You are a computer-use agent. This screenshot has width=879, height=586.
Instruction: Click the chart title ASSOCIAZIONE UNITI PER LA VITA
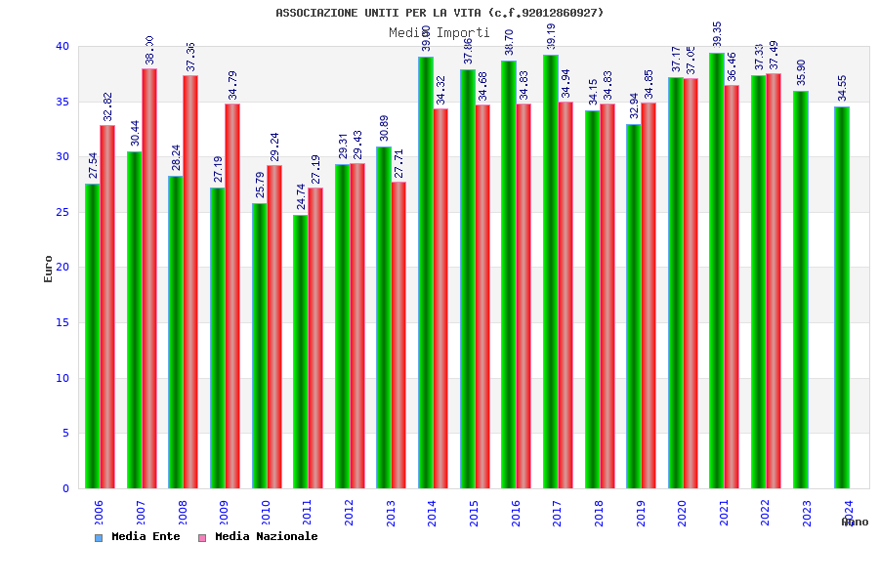(439, 13)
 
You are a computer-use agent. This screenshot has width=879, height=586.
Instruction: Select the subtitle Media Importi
(439, 33)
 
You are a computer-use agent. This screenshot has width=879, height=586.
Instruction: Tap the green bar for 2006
(92, 336)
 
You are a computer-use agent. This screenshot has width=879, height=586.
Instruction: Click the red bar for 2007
(149, 278)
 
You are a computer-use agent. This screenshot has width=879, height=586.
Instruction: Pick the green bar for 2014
(426, 272)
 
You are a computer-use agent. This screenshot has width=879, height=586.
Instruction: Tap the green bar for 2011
(301, 352)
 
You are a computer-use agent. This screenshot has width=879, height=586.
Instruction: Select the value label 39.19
(551, 36)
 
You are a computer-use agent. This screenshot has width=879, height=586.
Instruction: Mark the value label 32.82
(107, 106)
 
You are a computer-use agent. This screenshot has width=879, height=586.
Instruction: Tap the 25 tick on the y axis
(63, 212)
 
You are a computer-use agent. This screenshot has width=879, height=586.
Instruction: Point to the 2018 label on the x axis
(599, 514)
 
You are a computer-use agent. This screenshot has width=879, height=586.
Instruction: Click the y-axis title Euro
(49, 269)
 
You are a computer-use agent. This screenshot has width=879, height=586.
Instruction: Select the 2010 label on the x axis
(265, 514)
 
